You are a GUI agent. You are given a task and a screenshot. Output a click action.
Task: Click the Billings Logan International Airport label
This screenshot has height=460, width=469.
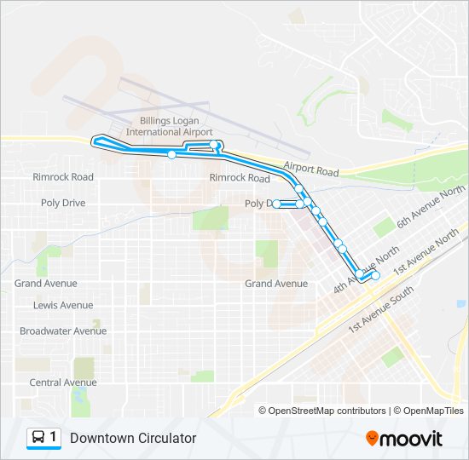tap(169, 127)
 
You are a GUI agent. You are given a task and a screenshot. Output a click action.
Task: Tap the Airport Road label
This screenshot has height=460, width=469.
tap(311, 169)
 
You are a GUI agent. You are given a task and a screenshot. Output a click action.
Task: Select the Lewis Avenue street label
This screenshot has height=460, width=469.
tap(63, 305)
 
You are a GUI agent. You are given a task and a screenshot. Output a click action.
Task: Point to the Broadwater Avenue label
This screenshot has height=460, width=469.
tap(63, 331)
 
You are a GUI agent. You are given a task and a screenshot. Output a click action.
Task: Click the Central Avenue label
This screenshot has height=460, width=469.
tap(63, 382)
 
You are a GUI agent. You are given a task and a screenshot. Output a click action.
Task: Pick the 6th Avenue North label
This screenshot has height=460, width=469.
tap(431, 207)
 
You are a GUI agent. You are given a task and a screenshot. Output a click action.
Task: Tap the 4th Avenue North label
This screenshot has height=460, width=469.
tap(366, 270)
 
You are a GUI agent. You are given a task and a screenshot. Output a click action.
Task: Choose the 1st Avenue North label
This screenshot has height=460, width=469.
tap(426, 251)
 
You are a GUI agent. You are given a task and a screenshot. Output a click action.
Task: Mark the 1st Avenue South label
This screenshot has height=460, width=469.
tap(381, 308)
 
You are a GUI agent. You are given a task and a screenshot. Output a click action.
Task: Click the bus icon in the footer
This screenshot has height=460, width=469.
tap(38, 438)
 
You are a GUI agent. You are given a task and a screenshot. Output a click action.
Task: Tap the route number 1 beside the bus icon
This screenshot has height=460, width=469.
tap(54, 438)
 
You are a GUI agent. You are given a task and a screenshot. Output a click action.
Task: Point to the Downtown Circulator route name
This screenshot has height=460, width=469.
tap(133, 438)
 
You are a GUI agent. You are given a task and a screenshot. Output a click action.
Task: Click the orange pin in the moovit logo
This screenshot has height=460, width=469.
tap(372, 439)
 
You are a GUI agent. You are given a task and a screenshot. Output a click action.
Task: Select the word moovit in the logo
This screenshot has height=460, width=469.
tap(412, 439)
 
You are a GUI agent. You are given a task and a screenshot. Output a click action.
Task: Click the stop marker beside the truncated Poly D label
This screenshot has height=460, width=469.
tap(277, 204)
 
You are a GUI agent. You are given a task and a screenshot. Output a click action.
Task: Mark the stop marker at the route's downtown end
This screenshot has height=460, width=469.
tap(375, 275)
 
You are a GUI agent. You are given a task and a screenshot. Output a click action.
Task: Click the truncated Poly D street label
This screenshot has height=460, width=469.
tap(257, 204)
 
